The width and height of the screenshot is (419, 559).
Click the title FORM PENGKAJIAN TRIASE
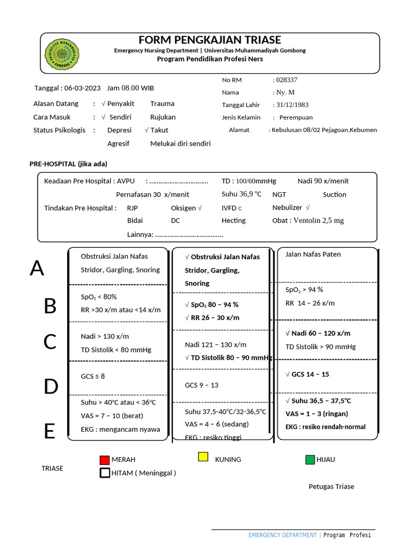[209, 40]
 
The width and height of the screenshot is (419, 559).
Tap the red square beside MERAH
[105, 460]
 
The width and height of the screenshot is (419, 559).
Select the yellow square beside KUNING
[203, 457]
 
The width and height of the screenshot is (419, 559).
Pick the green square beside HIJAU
[310, 460]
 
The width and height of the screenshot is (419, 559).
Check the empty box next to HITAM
[105, 473]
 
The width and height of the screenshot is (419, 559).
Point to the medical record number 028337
[287, 80]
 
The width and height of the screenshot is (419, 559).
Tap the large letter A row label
[37, 269]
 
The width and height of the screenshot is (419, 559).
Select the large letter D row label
[50, 386]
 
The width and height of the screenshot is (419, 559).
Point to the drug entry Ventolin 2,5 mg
[319, 221]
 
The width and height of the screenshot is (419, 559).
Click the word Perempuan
[296, 117]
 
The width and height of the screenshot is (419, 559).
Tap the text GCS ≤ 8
[93, 376]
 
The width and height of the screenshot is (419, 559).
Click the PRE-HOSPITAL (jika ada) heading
[68, 164]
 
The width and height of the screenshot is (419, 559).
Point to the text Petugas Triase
[331, 486]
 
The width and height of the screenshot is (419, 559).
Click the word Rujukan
[163, 117]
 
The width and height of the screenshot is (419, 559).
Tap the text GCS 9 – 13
[202, 385]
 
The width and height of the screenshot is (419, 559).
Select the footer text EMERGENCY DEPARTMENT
[282, 535]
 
